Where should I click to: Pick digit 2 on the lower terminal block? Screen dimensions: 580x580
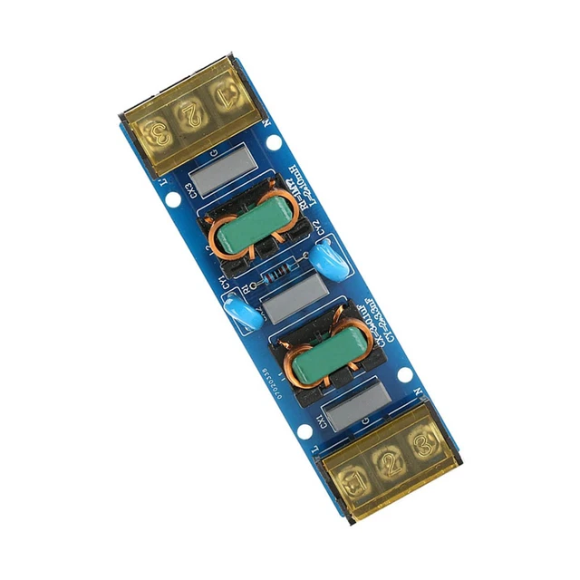point(391,462)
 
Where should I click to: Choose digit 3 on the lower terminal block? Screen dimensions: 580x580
point(421,445)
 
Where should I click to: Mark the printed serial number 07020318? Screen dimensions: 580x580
point(271,383)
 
